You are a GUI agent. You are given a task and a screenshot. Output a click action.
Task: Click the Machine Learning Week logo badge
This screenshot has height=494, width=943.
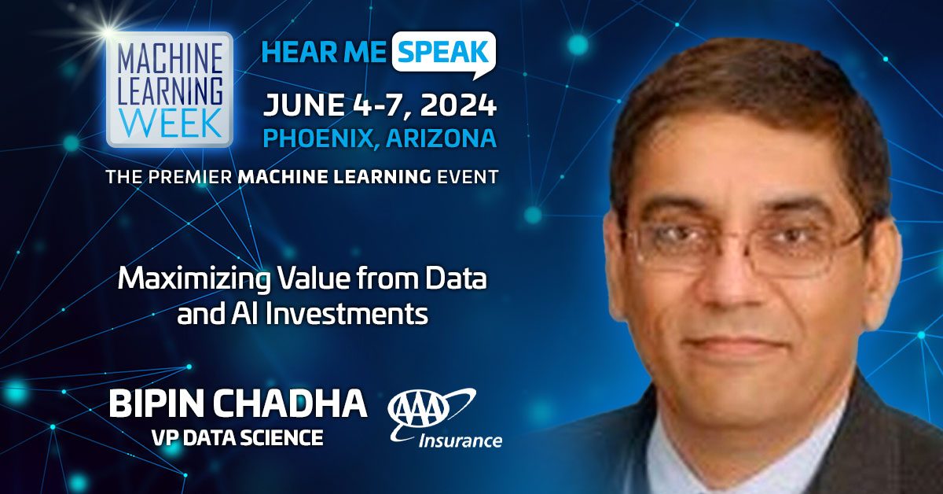pyautogui.click(x=170, y=90)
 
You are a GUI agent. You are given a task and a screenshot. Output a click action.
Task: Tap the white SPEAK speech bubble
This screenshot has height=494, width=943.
pyautogui.click(x=444, y=54)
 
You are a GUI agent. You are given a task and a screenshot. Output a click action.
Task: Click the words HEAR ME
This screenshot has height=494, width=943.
pyautogui.click(x=324, y=52)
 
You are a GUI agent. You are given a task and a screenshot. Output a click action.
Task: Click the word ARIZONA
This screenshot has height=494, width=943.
pyautogui.click(x=441, y=138)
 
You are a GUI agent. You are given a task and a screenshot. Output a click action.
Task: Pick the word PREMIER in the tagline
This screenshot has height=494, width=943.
pyautogui.click(x=190, y=177)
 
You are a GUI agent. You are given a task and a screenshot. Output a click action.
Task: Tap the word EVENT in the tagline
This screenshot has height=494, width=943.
pyautogui.click(x=468, y=177)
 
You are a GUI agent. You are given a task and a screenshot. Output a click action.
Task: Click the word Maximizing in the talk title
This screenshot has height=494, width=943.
pyautogui.click(x=194, y=280)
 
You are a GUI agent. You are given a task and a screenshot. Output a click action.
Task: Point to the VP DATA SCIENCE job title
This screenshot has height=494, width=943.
pyautogui.click(x=237, y=437)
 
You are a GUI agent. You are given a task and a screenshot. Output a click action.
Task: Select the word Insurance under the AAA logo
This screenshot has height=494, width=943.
pyautogui.click(x=460, y=441)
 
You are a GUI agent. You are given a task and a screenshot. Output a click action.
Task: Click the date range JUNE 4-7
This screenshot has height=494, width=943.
pyautogui.click(x=336, y=105)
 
